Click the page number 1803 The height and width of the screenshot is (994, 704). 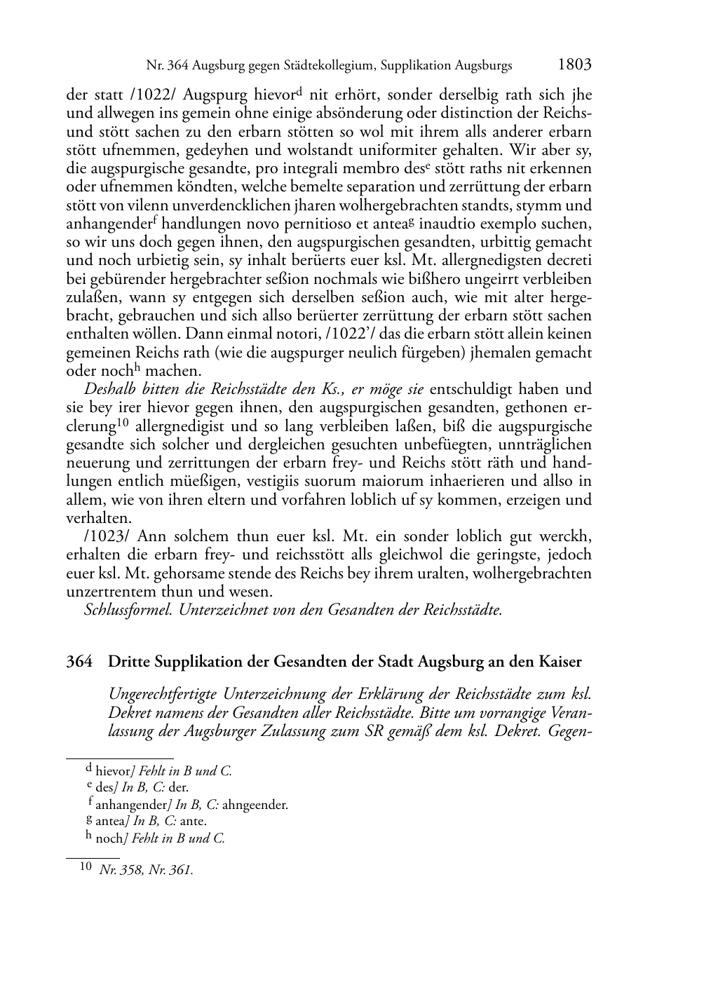tap(575, 65)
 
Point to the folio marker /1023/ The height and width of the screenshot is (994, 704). tap(107, 537)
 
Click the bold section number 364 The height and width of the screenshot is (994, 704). tap(79, 662)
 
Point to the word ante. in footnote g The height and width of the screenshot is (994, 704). tap(194, 822)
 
